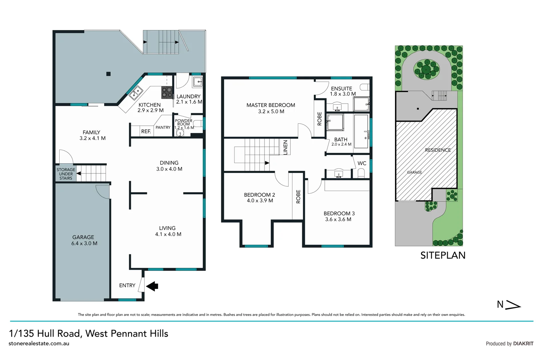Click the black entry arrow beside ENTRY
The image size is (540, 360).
click(x=152, y=286)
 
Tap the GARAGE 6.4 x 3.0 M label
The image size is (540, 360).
click(x=84, y=240)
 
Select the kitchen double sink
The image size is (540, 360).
click(x=136, y=93)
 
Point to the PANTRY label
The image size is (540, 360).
click(x=163, y=127)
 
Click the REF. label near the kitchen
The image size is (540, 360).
click(x=146, y=131)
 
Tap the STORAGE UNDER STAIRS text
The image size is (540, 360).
click(x=66, y=174)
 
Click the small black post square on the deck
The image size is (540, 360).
click(x=108, y=74)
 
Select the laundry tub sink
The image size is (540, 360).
click(x=198, y=81)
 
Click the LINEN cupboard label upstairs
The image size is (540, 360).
click(x=285, y=147)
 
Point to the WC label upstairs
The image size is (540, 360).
click(x=362, y=163)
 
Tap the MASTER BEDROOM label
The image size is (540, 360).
click(x=270, y=105)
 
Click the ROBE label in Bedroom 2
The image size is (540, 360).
click(x=298, y=197)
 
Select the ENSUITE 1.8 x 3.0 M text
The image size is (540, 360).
click(x=342, y=91)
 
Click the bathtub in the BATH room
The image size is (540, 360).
click(x=361, y=132)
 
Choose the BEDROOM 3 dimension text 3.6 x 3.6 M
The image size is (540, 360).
click(x=338, y=219)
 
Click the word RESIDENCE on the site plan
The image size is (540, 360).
click(x=438, y=150)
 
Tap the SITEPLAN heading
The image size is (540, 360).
click(x=443, y=255)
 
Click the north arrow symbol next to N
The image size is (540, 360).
click(x=513, y=305)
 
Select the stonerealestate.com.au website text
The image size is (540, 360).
click(x=39, y=344)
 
